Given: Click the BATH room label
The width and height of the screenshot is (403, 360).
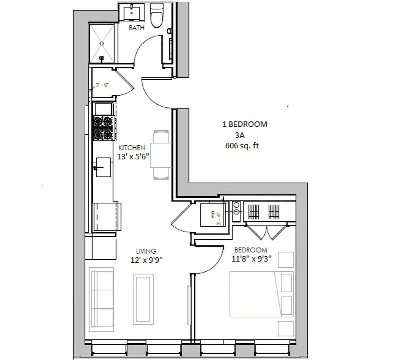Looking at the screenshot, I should [137, 28].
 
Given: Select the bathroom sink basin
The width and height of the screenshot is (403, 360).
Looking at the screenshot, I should [133, 14].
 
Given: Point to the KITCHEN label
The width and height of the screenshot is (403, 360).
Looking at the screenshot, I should [132, 148].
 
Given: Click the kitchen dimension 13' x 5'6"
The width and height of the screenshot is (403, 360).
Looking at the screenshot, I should [133, 156].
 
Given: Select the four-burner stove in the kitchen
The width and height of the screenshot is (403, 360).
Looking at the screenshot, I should [103, 128].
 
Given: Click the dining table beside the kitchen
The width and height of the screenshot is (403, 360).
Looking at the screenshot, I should [161, 155].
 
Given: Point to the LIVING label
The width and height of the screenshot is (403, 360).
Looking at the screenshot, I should [146, 251].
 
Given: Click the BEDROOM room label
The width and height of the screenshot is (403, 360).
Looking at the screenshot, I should [251, 250].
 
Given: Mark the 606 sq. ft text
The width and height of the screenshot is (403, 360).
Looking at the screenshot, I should [242, 146].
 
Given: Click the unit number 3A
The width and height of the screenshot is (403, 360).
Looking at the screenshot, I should [240, 135].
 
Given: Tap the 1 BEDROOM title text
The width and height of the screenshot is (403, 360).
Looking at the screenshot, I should [245, 124].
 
